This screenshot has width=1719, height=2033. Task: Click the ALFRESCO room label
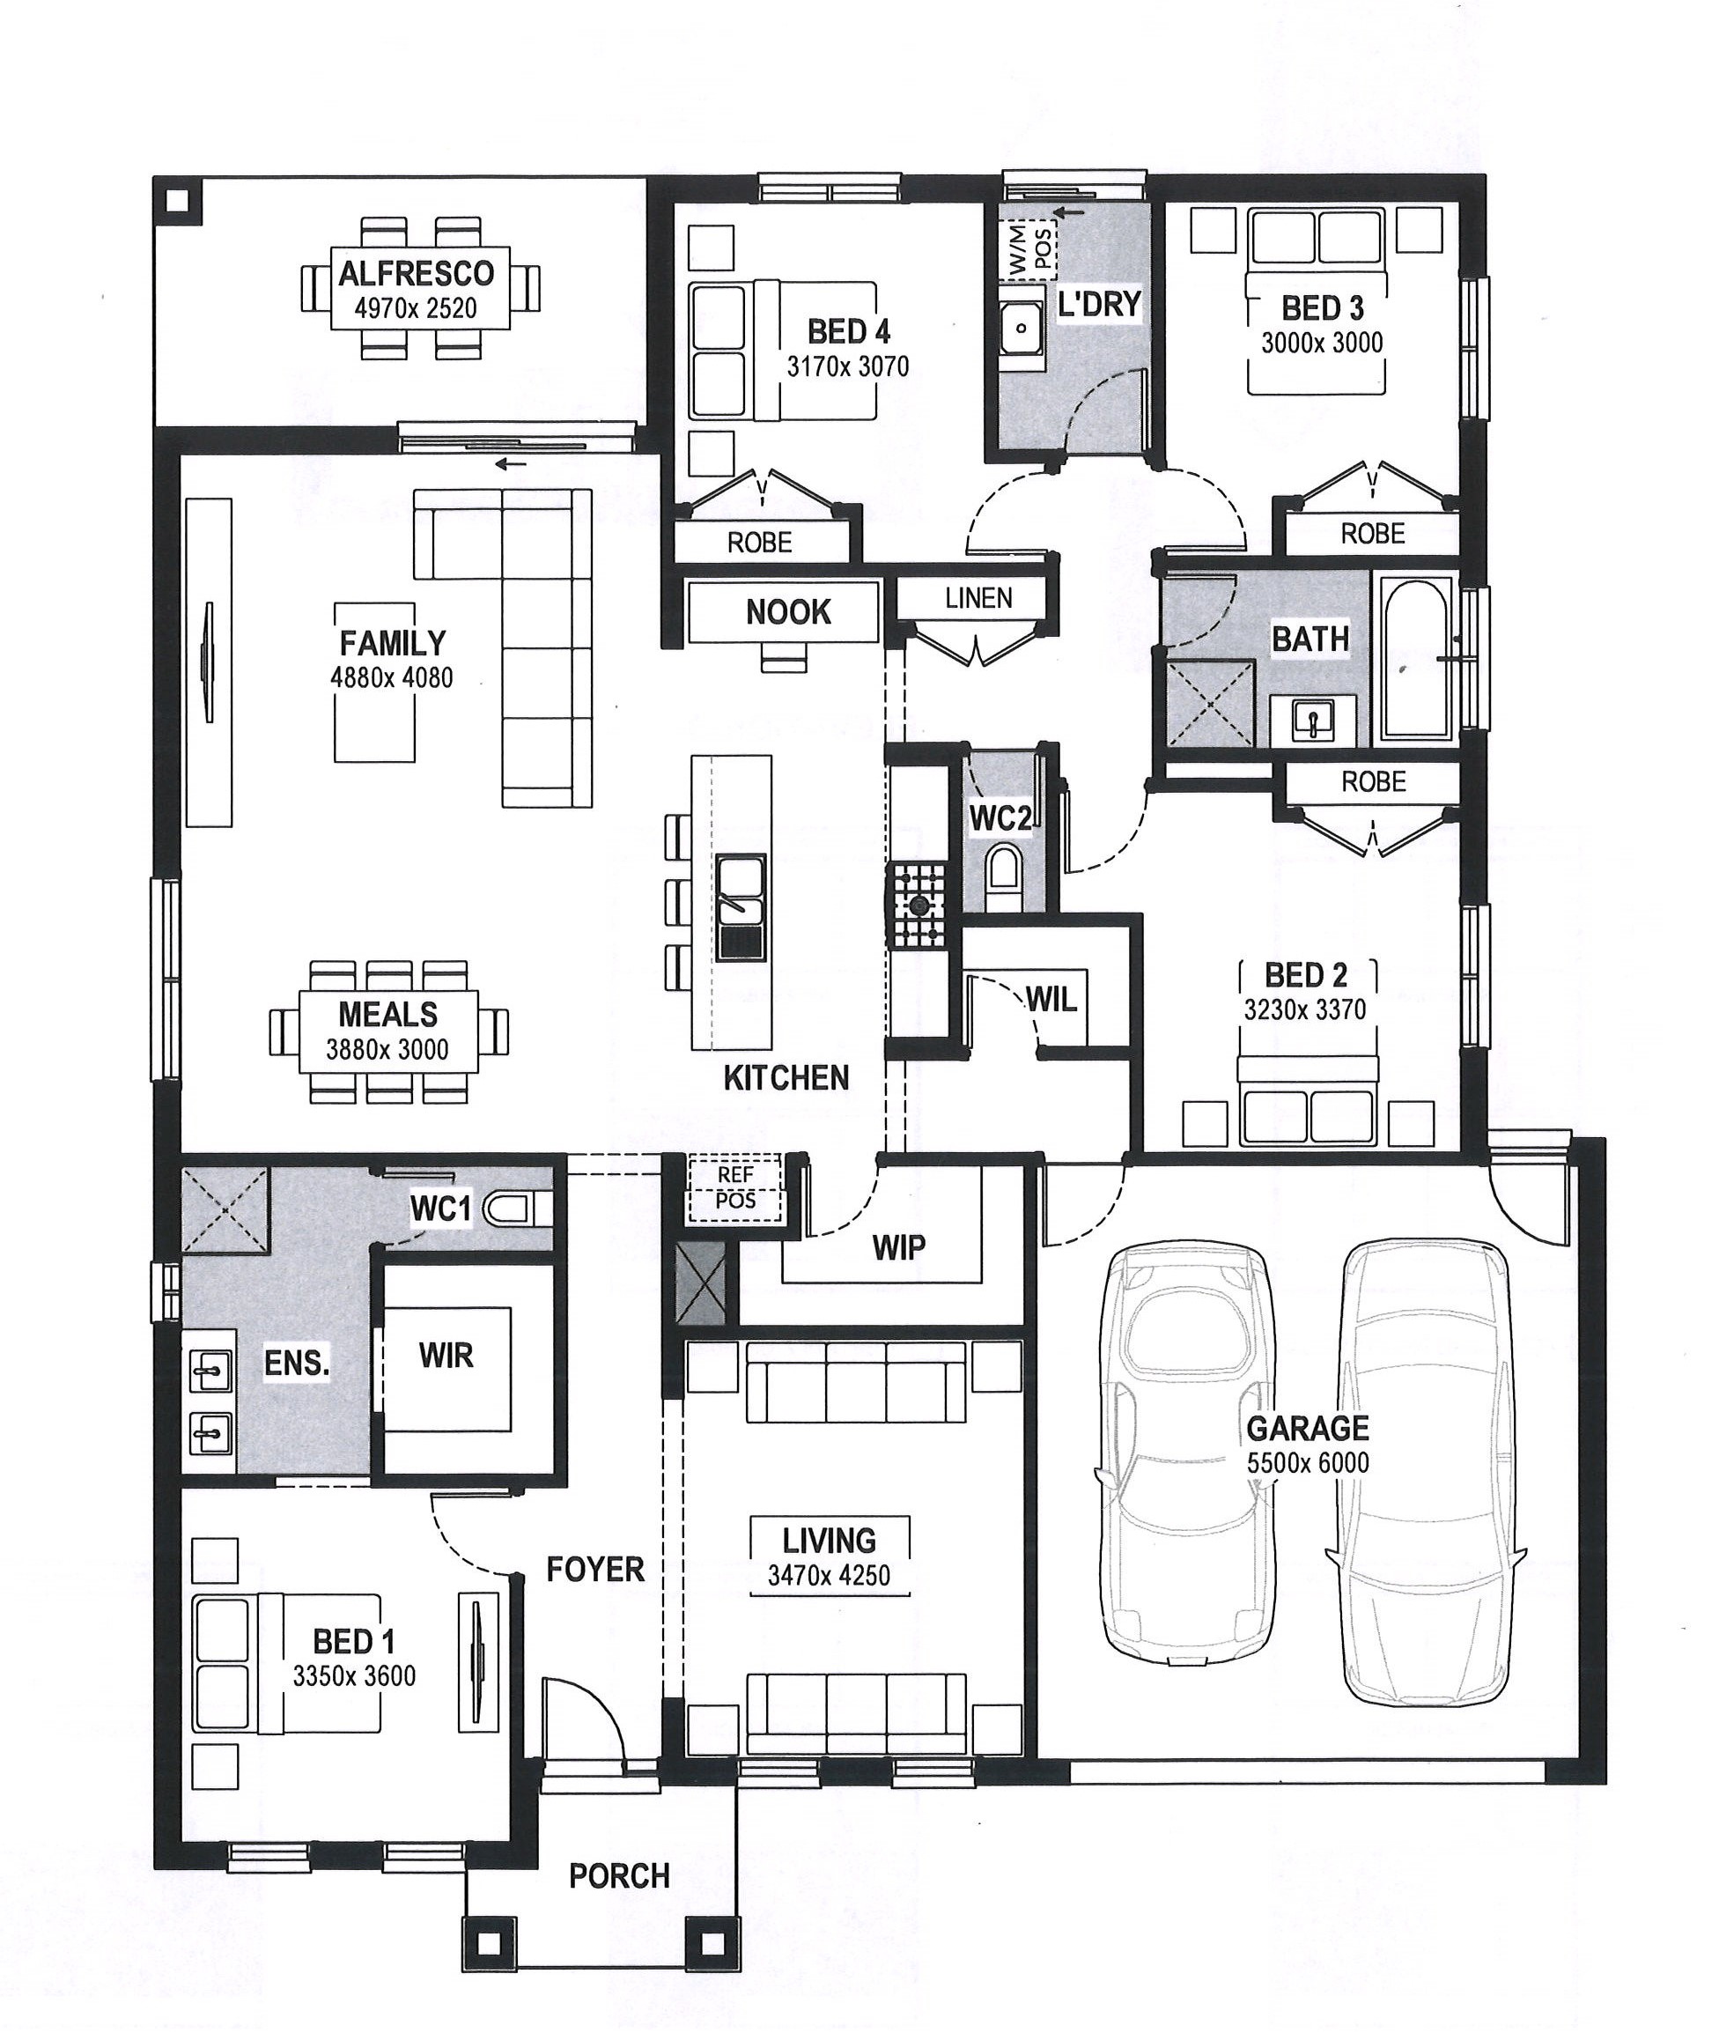click(417, 274)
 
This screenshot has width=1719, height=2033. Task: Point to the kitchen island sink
click(741, 908)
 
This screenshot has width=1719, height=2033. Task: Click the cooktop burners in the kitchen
click(917, 906)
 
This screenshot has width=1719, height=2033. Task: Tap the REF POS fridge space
click(734, 1188)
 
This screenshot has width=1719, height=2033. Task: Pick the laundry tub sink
click(1022, 329)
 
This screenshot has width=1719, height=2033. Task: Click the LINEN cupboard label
click(978, 597)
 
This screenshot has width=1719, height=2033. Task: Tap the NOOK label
click(788, 612)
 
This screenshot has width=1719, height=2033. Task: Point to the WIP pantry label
click(898, 1246)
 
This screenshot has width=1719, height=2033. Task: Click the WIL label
click(1051, 999)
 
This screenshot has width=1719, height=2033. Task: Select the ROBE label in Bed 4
click(759, 543)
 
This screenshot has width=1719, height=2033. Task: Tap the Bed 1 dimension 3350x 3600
click(354, 1675)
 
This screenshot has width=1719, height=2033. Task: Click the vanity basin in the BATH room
click(1314, 722)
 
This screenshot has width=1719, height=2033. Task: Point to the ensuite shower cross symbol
click(225, 1209)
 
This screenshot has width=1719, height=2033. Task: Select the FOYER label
click(595, 1569)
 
